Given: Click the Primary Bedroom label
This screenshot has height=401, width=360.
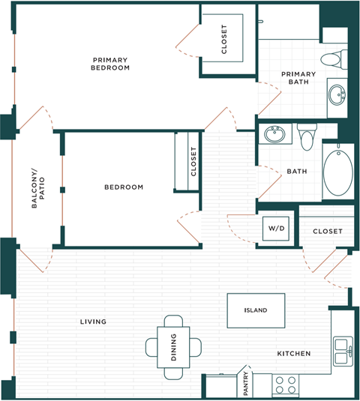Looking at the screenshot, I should pyautogui.click(x=111, y=64).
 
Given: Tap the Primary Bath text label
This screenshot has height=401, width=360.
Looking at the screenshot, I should pyautogui.click(x=298, y=78).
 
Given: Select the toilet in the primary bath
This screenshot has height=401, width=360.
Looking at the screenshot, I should pyautogui.click(x=332, y=58).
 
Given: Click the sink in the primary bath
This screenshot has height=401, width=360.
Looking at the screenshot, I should pyautogui.click(x=337, y=95).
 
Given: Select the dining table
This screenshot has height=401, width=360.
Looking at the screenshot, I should pyautogui.click(x=173, y=348).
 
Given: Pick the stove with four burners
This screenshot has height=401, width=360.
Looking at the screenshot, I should pyautogui.click(x=284, y=385).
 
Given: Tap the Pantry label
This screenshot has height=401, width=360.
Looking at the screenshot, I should pyautogui.click(x=244, y=382).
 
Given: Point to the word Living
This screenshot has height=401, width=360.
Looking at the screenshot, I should pyautogui.click(x=93, y=322).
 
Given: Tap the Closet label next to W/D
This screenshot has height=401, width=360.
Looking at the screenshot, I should pyautogui.click(x=327, y=232).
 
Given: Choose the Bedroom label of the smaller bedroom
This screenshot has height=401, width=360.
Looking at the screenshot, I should pyautogui.click(x=124, y=187).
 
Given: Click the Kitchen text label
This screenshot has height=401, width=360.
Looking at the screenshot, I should pyautogui.click(x=294, y=353).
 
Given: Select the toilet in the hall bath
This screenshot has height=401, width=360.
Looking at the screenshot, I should pyautogui.click(x=306, y=136).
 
